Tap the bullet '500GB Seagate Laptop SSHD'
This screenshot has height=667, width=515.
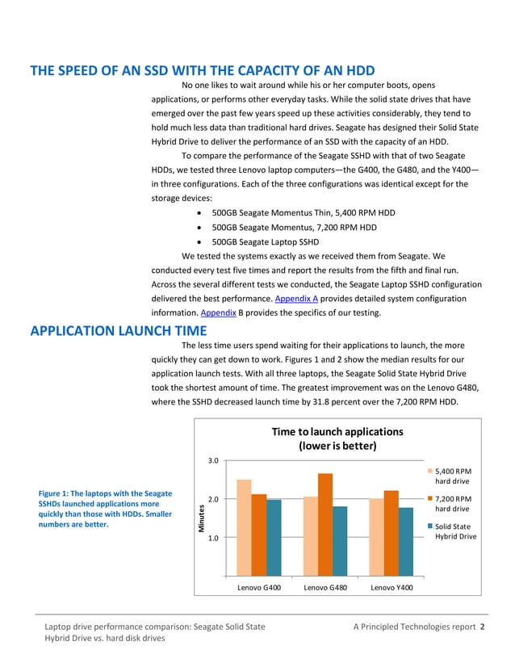tap(265, 241)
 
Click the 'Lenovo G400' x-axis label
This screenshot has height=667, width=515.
tap(259, 587)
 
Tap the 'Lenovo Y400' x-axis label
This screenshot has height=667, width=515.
tap(391, 587)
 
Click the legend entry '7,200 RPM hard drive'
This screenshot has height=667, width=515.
tap(453, 504)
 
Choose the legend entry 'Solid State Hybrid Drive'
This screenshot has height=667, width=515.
tap(453, 532)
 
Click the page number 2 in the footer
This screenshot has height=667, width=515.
tap(482, 626)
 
